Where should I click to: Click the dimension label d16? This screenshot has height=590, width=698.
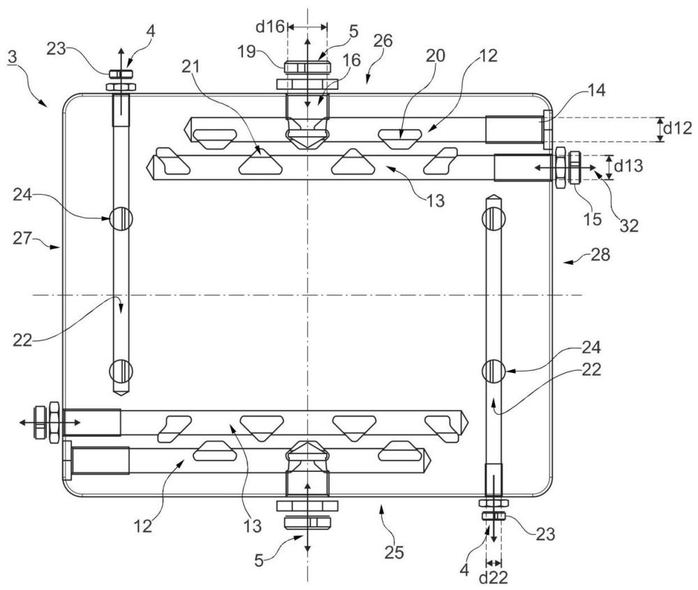269,27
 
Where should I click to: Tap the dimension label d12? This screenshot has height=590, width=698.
678,128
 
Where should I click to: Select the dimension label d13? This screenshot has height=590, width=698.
629,165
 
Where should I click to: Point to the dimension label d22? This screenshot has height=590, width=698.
493,577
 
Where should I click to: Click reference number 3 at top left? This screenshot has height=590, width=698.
13,57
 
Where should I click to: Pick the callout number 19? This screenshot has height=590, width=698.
246,51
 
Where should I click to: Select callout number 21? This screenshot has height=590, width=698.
191,67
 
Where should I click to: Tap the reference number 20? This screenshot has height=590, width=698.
435,56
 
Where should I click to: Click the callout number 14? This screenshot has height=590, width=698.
597,90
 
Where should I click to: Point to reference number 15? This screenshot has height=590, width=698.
593,219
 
